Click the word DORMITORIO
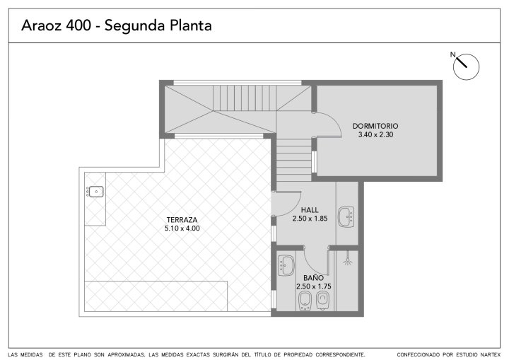(x=375, y=126)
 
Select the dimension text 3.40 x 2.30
(x=375, y=134)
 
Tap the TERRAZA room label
(x=182, y=220)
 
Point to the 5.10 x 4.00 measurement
(x=182, y=228)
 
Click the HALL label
(x=310, y=210)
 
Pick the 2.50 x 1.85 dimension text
(x=310, y=219)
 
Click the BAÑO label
(x=314, y=278)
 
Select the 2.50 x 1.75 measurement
(x=314, y=286)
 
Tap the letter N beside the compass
(x=453, y=54)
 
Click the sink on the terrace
(x=95, y=192)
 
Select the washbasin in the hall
(x=346, y=216)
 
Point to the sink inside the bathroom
(x=286, y=265)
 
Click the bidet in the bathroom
(x=304, y=301)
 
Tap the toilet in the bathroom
(x=323, y=301)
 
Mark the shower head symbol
(x=347, y=260)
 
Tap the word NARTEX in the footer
(x=491, y=355)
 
